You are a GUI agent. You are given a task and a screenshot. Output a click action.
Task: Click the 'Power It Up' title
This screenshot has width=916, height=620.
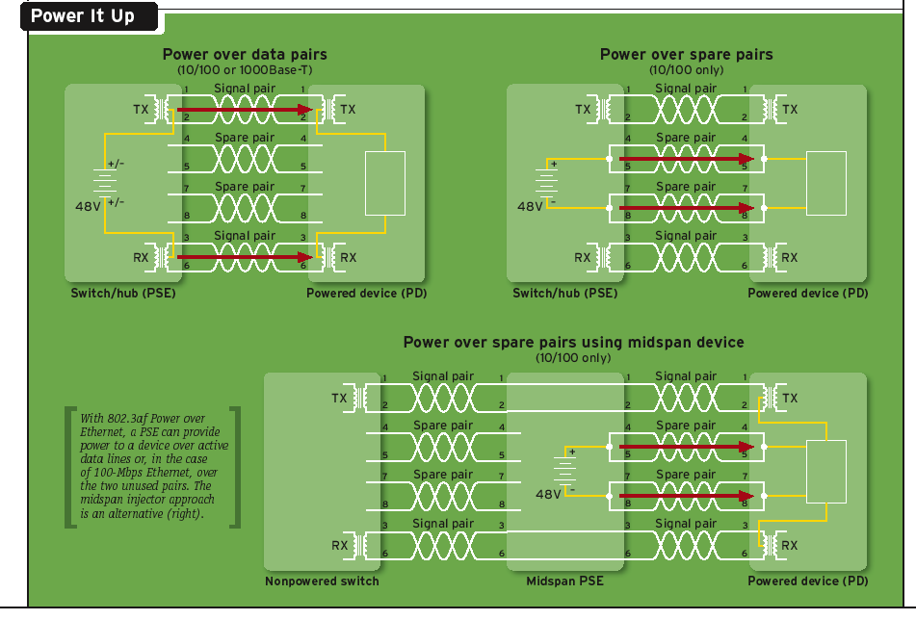[83, 16]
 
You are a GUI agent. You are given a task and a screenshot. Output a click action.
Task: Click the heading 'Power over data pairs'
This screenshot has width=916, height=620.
[245, 55]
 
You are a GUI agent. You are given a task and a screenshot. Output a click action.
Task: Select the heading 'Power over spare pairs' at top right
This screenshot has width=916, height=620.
[686, 55]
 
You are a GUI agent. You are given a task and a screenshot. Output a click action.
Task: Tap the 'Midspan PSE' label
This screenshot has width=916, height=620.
[564, 581]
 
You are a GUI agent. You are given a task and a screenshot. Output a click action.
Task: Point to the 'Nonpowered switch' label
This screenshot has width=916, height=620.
[322, 581]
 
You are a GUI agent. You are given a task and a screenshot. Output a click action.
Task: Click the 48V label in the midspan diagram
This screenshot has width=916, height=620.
[547, 494]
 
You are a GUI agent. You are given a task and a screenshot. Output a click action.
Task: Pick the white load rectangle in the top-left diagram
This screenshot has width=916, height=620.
[385, 183]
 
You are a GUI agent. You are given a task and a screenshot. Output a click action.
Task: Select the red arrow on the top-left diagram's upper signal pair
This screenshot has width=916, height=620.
[245, 110]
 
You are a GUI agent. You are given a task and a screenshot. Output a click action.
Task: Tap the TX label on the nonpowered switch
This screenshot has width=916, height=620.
[339, 398]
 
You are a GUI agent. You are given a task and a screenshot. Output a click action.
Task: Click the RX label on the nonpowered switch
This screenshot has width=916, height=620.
[339, 546]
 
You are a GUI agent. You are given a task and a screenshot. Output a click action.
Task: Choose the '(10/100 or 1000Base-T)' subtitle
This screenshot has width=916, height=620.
[245, 70]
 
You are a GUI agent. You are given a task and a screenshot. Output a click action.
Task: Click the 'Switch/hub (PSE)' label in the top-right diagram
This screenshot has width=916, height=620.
[564, 294]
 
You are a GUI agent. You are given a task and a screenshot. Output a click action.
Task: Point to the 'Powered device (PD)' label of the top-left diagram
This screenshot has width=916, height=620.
[365, 294]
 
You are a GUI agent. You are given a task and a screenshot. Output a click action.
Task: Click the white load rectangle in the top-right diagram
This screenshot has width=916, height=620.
[825, 183]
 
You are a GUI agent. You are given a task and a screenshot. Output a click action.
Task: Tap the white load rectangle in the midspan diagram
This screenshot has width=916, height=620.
[825, 471]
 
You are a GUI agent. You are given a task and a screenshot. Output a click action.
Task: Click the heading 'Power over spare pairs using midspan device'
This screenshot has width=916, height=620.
[573, 343]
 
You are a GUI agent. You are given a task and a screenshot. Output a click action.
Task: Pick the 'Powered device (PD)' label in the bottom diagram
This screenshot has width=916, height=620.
[807, 581]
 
